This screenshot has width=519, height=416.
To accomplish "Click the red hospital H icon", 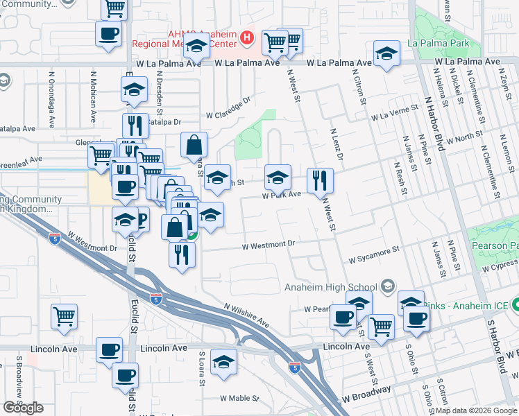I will pos(246,37).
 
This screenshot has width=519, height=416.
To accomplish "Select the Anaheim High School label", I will pos(330,287).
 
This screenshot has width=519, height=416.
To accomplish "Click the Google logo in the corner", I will pos(23,408).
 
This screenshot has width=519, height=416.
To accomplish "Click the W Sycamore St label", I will pos(375,254).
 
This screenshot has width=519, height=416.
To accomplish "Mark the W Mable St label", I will pos(239,399).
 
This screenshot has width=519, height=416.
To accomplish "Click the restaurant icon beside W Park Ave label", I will pos(320,180).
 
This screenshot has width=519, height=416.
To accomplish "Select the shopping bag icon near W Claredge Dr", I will pos(194,145).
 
